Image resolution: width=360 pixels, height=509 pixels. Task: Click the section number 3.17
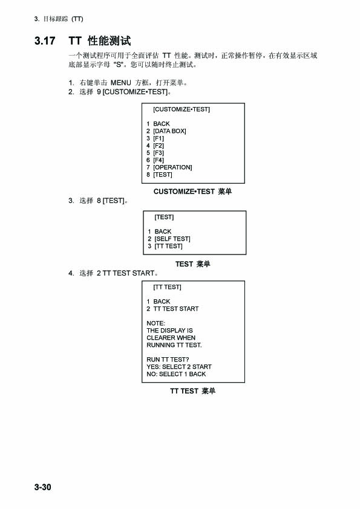point(45,41)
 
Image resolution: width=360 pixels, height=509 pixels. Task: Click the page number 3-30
point(42,487)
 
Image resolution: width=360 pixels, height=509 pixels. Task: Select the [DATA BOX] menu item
point(169,131)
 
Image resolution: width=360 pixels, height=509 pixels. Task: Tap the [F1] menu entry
point(159,138)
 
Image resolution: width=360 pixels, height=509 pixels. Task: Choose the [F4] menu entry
point(159,160)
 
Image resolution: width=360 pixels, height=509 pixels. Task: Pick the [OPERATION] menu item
point(172,167)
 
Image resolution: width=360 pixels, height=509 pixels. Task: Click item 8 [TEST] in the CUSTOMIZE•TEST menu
point(163,175)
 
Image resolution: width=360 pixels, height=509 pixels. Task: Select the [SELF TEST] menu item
point(172,239)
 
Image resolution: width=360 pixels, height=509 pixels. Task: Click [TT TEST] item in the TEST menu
point(168,246)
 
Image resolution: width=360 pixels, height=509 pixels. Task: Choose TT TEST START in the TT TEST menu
point(176,309)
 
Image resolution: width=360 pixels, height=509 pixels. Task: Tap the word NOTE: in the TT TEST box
point(155,323)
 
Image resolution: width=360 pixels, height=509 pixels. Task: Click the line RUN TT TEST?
point(168,360)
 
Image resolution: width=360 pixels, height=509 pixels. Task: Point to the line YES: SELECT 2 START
point(179,367)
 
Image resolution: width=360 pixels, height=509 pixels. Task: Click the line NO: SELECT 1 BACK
point(176,374)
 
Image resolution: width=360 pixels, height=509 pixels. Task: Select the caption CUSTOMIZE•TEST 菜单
point(192,192)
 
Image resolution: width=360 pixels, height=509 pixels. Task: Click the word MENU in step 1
point(121,83)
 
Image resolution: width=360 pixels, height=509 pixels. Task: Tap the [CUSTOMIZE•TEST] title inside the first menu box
point(182,109)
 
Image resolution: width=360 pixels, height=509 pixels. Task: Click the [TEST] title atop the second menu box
point(164,217)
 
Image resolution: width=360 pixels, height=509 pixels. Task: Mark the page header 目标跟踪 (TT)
point(63,19)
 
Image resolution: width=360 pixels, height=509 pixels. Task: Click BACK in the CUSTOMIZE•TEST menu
point(162,124)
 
